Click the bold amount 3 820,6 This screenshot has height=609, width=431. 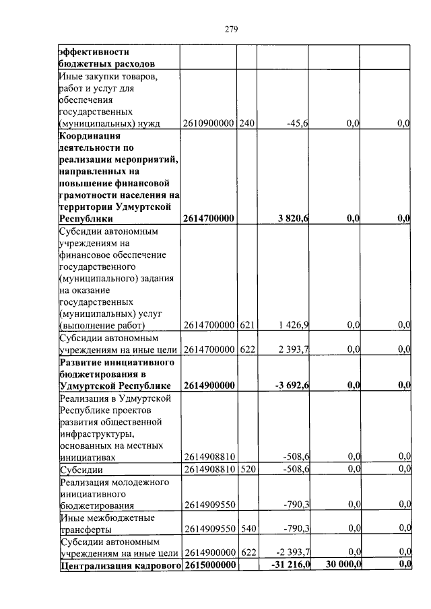[293, 218]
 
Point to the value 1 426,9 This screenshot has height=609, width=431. [294, 325]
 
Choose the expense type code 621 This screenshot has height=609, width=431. [247, 325]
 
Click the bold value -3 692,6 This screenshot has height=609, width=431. [292, 386]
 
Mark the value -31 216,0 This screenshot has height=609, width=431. [290, 565]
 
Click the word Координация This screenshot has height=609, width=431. [86, 135]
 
